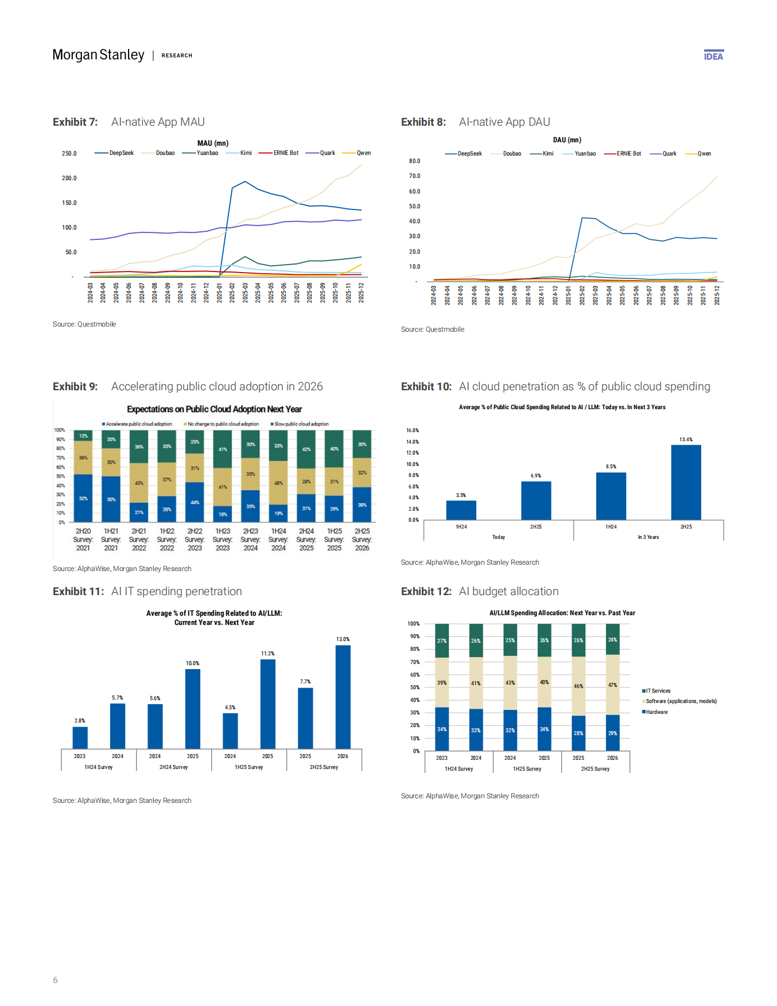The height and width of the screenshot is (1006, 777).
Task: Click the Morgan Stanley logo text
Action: coord(98,55)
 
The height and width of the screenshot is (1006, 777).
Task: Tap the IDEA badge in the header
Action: coord(713,56)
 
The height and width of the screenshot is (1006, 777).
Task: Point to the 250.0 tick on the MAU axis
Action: coord(69,154)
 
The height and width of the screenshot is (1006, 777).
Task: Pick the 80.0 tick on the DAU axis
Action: coord(414,161)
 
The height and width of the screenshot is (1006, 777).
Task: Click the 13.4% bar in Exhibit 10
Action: coord(686,482)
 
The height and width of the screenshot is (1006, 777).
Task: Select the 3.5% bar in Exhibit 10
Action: coord(461,510)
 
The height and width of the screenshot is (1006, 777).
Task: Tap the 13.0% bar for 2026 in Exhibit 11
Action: coord(343,697)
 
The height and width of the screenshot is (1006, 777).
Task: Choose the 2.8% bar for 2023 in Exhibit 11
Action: coord(80,737)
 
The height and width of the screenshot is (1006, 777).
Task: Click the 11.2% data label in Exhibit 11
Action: coord(267,654)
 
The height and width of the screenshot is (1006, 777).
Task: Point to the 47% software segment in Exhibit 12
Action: coord(612,685)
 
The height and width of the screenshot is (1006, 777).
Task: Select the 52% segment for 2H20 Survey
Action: coord(83,498)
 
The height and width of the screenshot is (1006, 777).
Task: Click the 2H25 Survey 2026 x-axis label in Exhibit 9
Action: coord(362,539)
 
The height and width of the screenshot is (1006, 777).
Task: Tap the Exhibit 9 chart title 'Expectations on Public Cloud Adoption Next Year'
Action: coord(214,409)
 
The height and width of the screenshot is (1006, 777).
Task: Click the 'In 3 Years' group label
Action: coord(648,537)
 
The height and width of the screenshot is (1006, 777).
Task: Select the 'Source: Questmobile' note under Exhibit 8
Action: coord(432,329)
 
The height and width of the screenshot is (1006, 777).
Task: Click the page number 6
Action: coord(55,980)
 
